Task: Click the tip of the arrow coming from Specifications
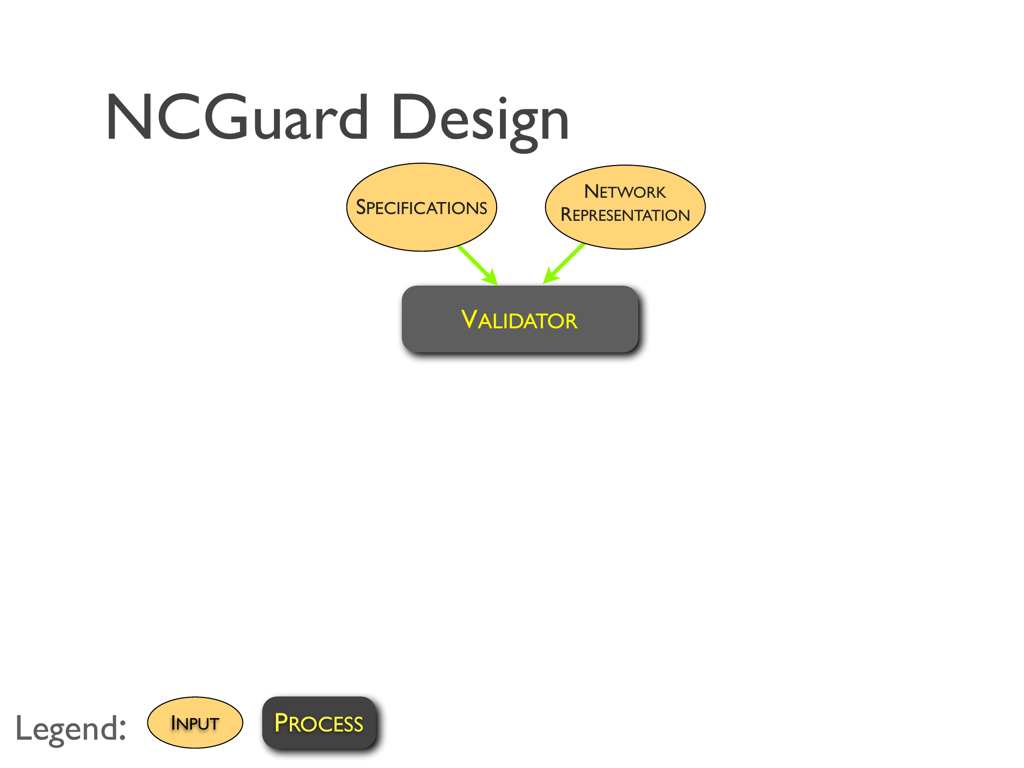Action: point(498,285)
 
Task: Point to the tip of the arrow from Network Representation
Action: point(543,284)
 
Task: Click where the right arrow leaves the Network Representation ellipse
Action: point(583,244)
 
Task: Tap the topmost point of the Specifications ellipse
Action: point(422,163)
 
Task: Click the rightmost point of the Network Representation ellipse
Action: point(705,207)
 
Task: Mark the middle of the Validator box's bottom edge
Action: point(520,352)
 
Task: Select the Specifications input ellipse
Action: point(422,207)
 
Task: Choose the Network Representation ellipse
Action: point(625,207)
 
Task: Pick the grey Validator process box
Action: point(520,319)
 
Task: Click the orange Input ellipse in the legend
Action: point(195,722)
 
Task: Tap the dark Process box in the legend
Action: point(319,722)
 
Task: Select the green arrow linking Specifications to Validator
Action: point(478,265)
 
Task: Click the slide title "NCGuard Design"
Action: point(337,120)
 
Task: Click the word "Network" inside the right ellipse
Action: point(625,192)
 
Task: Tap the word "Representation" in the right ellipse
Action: point(625,215)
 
